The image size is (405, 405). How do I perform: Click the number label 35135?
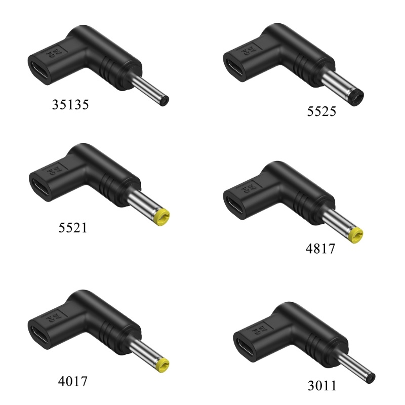tap(70, 105)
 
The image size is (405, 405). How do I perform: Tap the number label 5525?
tap(321, 111)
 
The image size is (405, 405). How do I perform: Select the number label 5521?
tap(73, 227)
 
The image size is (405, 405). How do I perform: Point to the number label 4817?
tap(320, 249)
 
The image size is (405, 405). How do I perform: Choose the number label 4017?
tap(73, 381)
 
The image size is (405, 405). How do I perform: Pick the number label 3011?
tap(322, 386)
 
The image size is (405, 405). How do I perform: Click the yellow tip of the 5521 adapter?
tap(161, 217)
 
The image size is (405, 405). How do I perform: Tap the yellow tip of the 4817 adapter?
tap(355, 235)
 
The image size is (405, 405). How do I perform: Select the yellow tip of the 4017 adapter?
tap(162, 365)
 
